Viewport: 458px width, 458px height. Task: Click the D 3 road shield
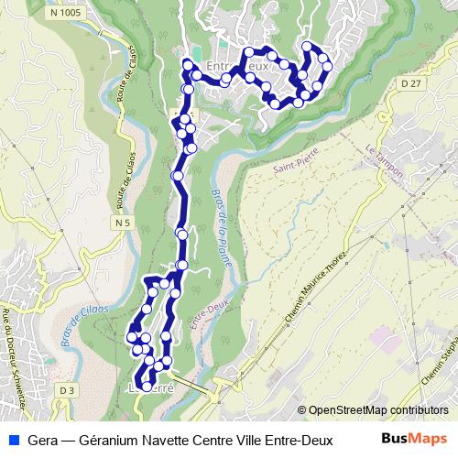tap(65, 390)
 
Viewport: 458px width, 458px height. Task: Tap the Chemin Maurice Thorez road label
tap(317, 286)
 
